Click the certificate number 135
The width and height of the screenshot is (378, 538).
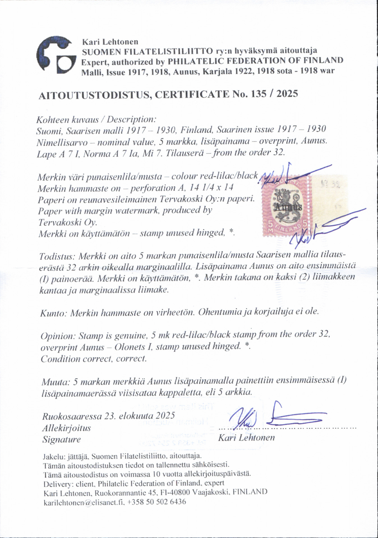[x=255, y=94]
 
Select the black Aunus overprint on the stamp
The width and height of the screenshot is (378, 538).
[x=288, y=207]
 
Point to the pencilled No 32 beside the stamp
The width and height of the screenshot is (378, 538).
[x=328, y=185]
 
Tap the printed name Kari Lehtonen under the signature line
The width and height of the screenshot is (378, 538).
[x=246, y=438]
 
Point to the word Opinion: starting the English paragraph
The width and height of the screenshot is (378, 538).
[x=58, y=335]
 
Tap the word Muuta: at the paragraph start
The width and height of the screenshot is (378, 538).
[x=56, y=382]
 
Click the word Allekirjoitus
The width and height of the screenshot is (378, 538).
[x=66, y=428]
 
